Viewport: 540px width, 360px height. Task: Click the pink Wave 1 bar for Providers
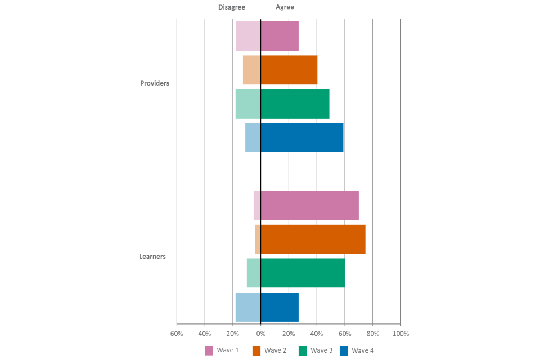pyautogui.click(x=267, y=36)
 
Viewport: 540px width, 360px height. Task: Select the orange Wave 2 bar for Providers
pyautogui.click(x=280, y=70)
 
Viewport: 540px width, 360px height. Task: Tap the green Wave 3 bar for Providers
pyautogui.click(x=282, y=104)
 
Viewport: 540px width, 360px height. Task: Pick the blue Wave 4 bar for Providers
pyautogui.click(x=294, y=138)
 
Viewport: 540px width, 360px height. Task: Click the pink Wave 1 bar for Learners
pyautogui.click(x=306, y=205)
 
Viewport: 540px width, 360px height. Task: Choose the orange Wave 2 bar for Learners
pyautogui.click(x=310, y=239)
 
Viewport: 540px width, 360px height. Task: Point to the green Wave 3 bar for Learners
pyautogui.click(x=295, y=273)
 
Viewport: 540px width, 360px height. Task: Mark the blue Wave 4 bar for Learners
pyautogui.click(x=267, y=307)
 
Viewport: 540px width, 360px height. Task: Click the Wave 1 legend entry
pyautogui.click(x=222, y=350)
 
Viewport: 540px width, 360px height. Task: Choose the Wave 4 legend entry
pyautogui.click(x=357, y=350)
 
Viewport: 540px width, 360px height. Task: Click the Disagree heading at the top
pyautogui.click(x=232, y=7)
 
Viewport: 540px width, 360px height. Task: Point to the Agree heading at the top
pyautogui.click(x=285, y=7)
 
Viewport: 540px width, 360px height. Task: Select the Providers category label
pyautogui.click(x=155, y=83)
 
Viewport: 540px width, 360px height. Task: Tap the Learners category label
pyautogui.click(x=152, y=256)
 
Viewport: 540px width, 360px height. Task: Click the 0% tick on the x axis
pyautogui.click(x=260, y=334)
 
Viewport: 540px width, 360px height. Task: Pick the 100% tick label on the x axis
pyautogui.click(x=401, y=334)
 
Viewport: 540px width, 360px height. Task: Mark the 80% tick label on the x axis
pyautogui.click(x=373, y=334)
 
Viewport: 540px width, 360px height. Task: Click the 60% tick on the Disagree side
pyautogui.click(x=177, y=334)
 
